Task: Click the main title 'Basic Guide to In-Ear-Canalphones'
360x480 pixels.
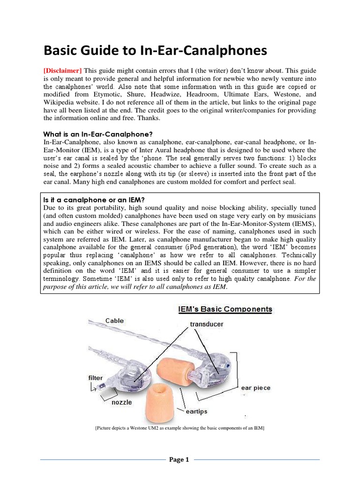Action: pos(155,50)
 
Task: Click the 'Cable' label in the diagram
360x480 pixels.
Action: pos(115,321)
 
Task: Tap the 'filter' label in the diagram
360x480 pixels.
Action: pos(96,377)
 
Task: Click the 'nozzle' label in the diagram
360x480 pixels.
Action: pos(122,402)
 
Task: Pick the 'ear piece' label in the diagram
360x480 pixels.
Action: pos(256,388)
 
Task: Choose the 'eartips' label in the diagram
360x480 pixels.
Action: pos(194,411)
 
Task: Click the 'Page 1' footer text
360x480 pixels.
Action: pos(180,460)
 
